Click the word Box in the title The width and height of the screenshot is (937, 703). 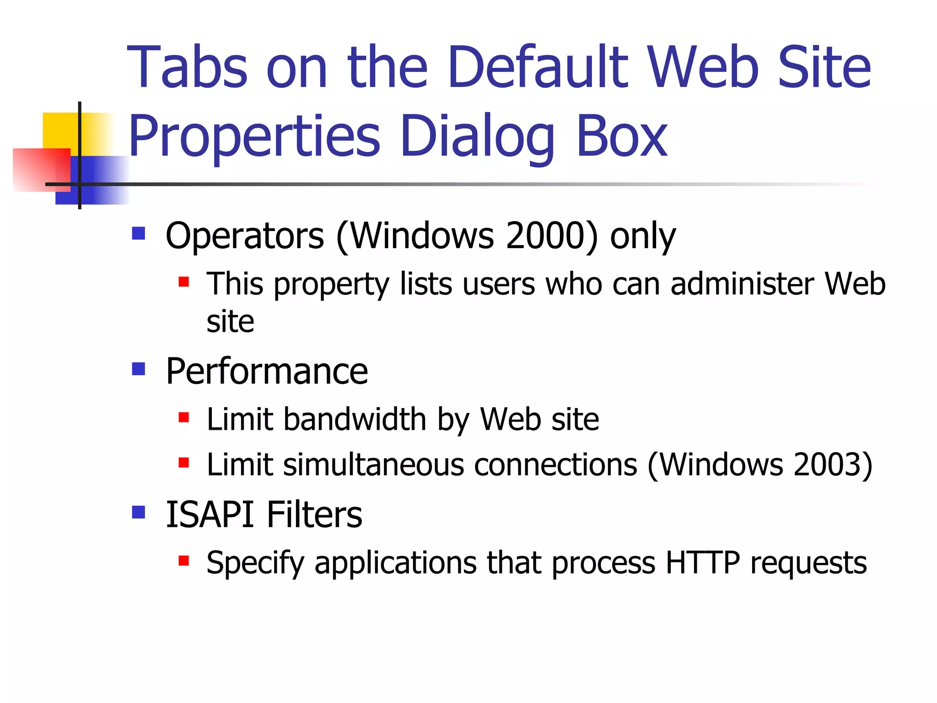pyautogui.click(x=621, y=136)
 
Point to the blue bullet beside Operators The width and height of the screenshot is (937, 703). pyautogui.click(x=138, y=233)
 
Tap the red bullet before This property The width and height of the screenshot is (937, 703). pyautogui.click(x=184, y=281)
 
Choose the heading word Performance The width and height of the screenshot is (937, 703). pyautogui.click(x=267, y=371)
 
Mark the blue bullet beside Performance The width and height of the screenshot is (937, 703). pyautogui.click(x=138, y=368)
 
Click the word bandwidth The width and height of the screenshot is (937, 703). pyautogui.click(x=355, y=419)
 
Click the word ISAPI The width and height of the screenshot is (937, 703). pyautogui.click(x=210, y=514)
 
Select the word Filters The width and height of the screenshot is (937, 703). pyautogui.click(x=314, y=514)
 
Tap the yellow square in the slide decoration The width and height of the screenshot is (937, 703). pyautogui.click(x=59, y=130)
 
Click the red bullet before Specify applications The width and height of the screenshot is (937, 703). pyautogui.click(x=184, y=560)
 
